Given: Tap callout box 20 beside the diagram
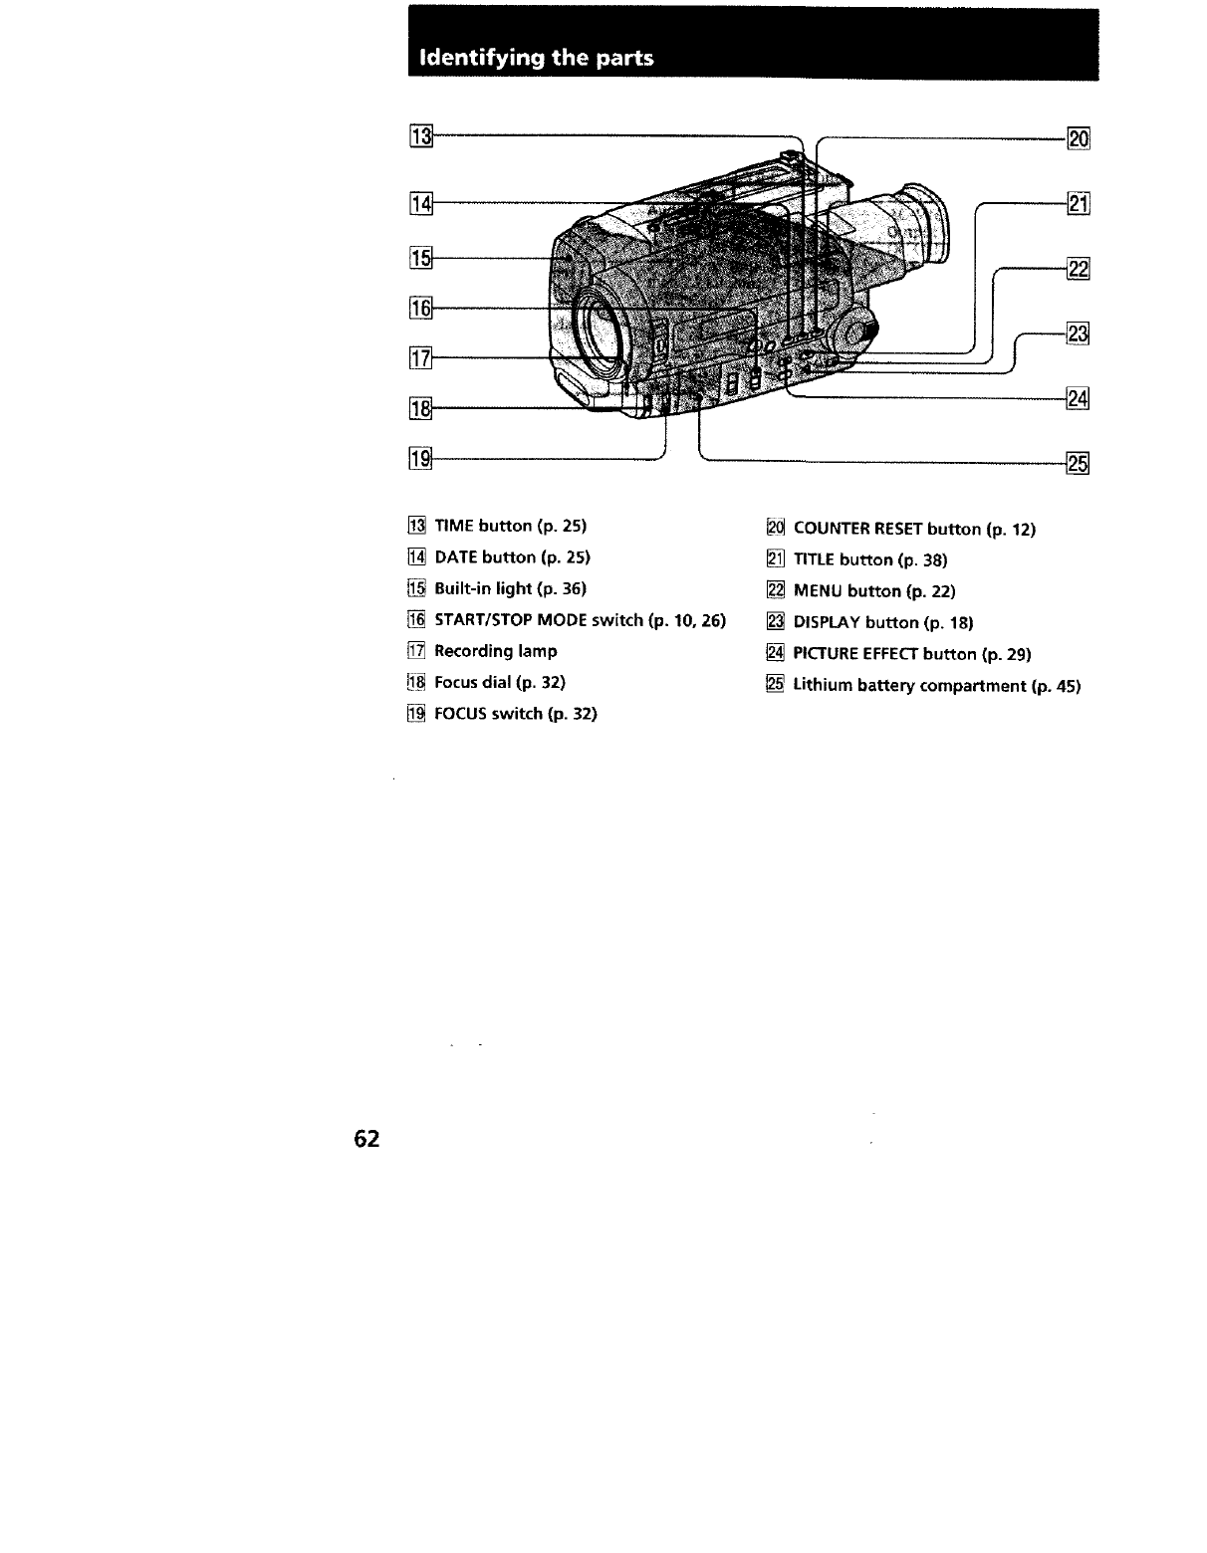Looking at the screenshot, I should pos(1079,138).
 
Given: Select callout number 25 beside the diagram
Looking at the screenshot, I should pos(1079,463).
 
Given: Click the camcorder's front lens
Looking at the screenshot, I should pos(601,330).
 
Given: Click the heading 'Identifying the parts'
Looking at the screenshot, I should pos(537,58).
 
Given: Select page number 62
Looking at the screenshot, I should pos(366,1139).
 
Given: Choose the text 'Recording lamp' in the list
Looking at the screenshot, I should pos(495,651).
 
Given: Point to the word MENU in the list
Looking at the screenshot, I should pos(817,590).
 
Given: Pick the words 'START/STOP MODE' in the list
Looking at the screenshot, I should pos(511,620).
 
